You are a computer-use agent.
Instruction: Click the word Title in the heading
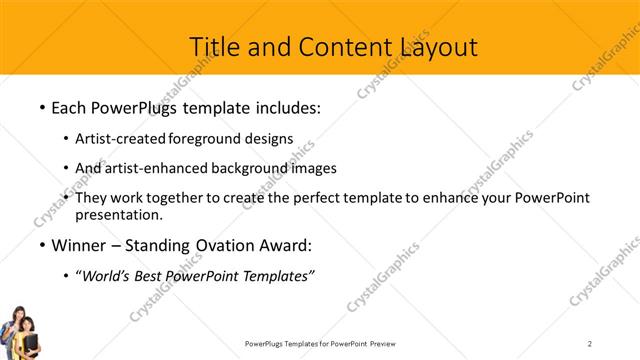214,46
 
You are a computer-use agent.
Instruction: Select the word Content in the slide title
338,47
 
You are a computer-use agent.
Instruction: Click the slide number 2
590,343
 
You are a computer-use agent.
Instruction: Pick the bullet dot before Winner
41,246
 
